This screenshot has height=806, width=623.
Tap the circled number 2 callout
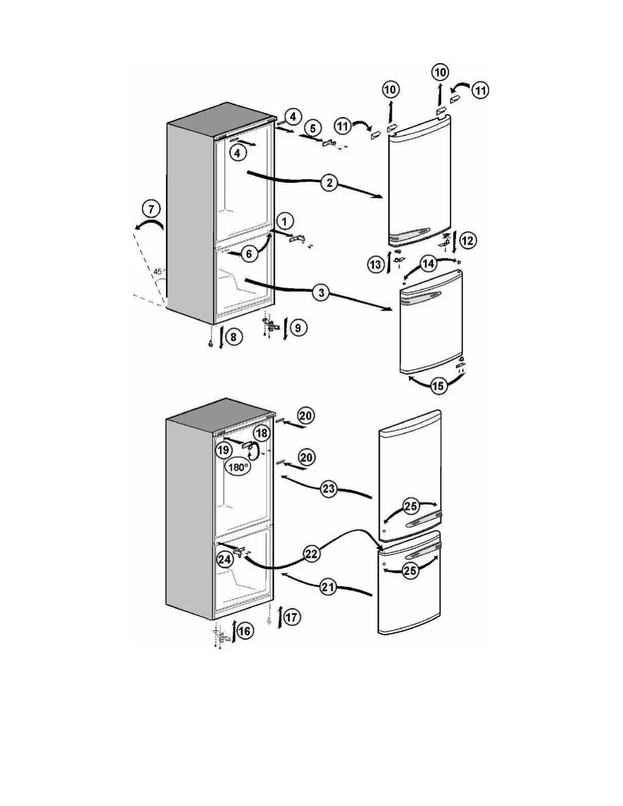click(329, 183)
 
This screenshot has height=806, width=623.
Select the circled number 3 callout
click(321, 293)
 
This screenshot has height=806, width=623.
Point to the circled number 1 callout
click(285, 221)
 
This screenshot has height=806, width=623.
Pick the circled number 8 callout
click(234, 337)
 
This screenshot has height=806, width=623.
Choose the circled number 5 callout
click(313, 127)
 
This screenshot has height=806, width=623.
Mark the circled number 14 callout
click(429, 264)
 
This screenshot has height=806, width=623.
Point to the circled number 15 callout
click(438, 386)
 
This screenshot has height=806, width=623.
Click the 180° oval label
click(238, 467)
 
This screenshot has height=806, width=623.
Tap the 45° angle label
click(159, 271)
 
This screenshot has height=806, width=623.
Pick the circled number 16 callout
click(244, 631)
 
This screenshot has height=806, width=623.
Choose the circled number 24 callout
click(224, 559)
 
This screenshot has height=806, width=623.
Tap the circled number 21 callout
click(328, 588)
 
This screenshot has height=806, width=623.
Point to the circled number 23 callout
click(329, 490)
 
